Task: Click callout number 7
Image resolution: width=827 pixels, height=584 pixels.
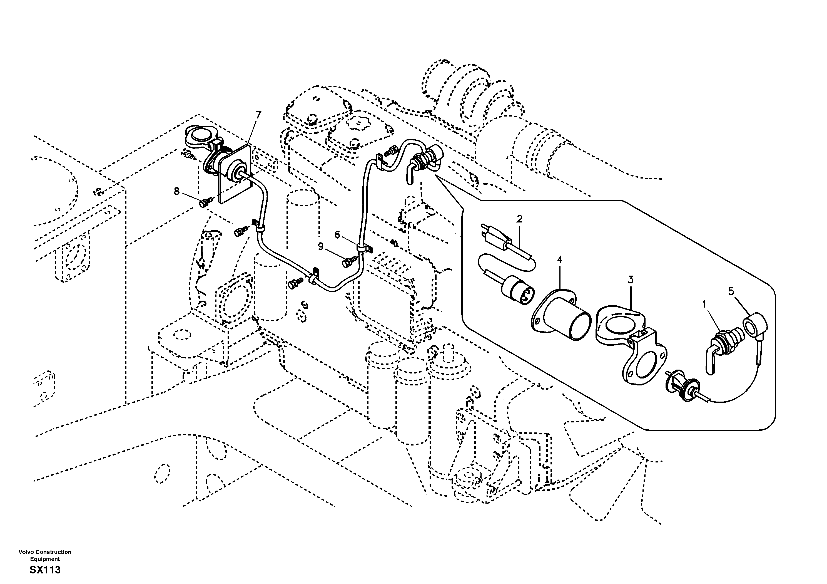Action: tap(258, 115)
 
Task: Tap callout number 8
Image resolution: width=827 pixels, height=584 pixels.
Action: tap(176, 191)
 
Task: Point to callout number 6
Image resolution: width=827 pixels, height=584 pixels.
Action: tap(337, 235)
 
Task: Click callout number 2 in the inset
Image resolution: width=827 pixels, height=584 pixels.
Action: tap(519, 219)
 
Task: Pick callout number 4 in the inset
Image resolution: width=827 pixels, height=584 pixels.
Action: tap(559, 259)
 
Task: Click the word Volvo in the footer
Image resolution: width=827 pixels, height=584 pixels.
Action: tap(25, 552)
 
